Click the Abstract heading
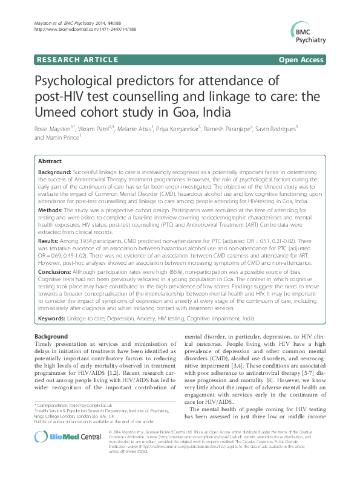click(50, 161)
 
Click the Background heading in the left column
click(51, 336)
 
